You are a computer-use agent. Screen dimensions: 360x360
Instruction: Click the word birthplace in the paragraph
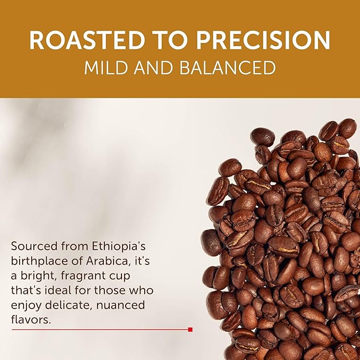(37, 261)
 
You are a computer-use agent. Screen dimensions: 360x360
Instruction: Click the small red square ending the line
(190, 329)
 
